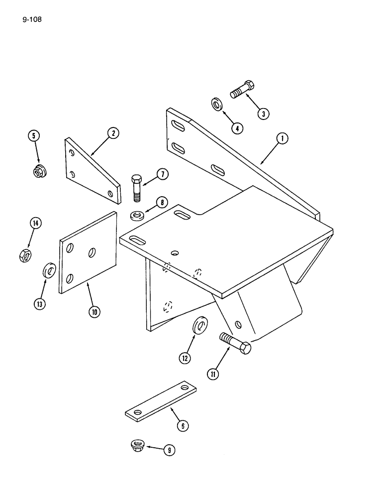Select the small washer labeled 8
137,216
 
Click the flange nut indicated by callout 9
136,444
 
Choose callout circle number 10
94,312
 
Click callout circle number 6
183,425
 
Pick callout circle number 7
162,174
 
